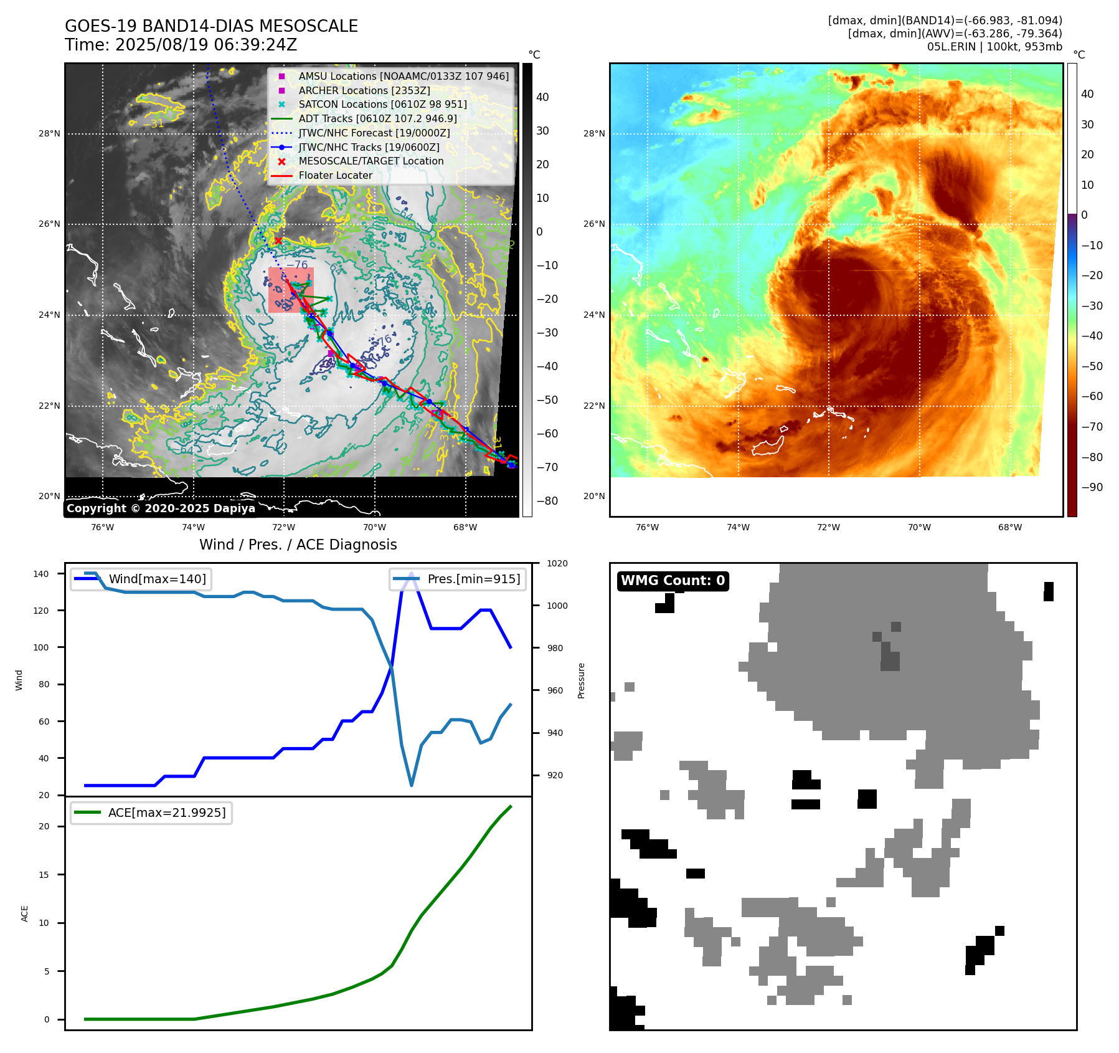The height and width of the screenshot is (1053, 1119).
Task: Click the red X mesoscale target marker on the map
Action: [x=278, y=241]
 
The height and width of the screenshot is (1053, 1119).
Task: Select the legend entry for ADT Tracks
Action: [x=377, y=118]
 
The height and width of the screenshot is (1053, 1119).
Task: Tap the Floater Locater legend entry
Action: [x=335, y=175]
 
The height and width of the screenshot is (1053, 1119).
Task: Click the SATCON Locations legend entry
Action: [x=382, y=104]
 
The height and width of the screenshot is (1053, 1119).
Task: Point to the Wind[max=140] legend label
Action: [x=157, y=579]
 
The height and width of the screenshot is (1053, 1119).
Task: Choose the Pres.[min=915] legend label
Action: [x=473, y=579]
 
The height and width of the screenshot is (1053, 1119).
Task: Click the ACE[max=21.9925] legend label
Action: [x=166, y=812]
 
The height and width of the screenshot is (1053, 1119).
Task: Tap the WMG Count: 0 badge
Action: [x=673, y=581]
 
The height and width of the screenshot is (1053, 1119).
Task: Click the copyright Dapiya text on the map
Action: [x=161, y=508]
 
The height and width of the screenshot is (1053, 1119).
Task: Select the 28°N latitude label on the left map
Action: [x=49, y=133]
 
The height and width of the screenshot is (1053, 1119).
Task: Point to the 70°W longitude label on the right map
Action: [x=919, y=527]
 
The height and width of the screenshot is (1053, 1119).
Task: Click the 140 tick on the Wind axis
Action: [x=41, y=574]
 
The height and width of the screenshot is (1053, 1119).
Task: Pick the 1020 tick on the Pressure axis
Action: [x=557, y=563]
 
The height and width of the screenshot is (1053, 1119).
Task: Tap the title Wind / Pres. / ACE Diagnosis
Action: [x=298, y=545]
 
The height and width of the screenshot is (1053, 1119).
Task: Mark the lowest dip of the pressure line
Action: [x=412, y=785]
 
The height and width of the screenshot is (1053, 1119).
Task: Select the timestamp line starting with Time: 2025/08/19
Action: [x=181, y=45]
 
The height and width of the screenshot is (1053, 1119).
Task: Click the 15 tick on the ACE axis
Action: [x=44, y=875]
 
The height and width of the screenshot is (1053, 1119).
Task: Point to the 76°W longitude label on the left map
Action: [x=102, y=527]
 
